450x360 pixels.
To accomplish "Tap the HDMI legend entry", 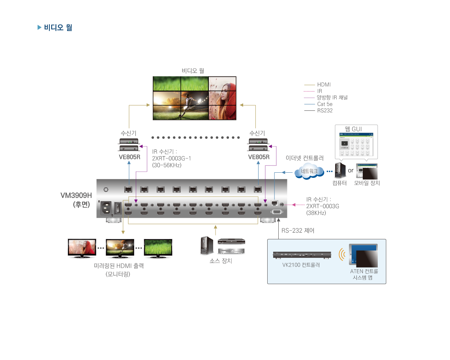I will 324,85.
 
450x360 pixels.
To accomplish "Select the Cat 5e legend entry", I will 324,104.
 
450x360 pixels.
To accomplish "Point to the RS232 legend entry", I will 324,111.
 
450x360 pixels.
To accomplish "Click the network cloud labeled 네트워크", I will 309,171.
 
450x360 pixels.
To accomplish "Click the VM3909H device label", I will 76,195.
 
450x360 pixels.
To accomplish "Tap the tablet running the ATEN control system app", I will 363,255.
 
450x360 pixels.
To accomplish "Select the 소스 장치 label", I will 220,261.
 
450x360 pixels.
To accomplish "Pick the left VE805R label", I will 129,157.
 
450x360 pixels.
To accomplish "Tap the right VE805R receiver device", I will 258,145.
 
